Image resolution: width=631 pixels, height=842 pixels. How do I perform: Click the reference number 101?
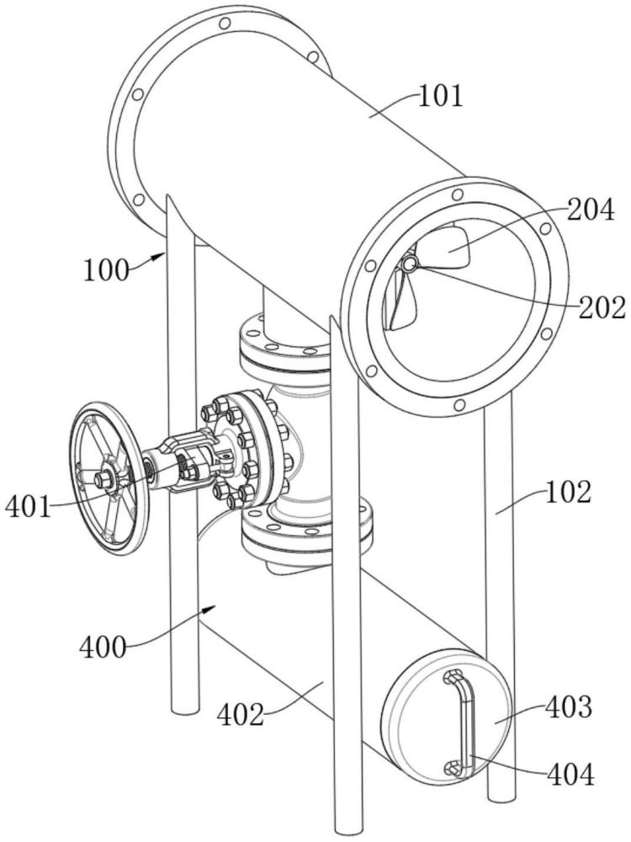pos(440,97)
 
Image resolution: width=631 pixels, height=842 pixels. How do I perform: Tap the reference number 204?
pos(591,210)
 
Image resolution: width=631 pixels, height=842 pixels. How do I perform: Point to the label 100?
pos(106,270)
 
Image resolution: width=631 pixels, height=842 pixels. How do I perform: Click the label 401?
pos(29,506)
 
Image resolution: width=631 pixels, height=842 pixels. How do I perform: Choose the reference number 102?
pos(569,492)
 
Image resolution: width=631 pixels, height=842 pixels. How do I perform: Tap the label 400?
pos(103,647)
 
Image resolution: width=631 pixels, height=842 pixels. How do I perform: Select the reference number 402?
pos(241,715)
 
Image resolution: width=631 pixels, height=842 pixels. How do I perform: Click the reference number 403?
pos(570,707)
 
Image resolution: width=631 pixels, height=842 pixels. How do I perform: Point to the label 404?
pos(571,775)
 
